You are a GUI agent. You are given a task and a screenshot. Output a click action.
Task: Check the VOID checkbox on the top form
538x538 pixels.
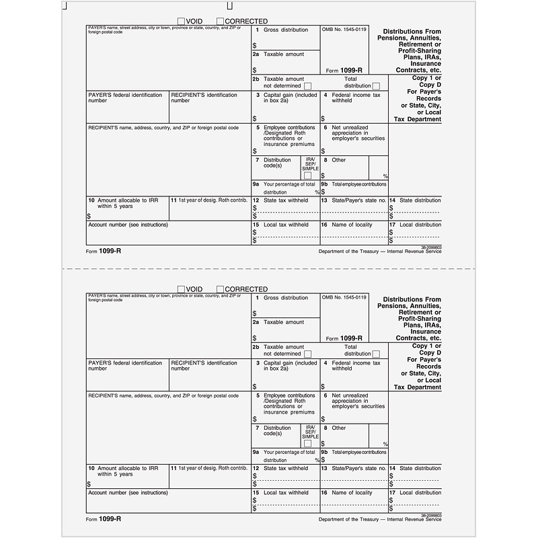click(182, 22)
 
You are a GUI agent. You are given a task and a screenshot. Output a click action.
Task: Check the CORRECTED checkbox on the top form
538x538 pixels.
click(220, 22)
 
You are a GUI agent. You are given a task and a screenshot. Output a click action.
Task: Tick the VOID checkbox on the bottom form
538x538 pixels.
click(182, 289)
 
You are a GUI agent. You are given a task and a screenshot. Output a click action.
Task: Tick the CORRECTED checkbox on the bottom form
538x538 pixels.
click(220, 289)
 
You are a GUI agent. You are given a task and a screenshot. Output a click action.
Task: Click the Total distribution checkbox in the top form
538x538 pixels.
click(376, 85)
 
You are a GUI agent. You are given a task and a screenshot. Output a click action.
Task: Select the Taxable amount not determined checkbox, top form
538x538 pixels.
click(307, 85)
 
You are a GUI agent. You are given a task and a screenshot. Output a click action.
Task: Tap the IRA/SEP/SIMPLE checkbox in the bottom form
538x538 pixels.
click(307, 443)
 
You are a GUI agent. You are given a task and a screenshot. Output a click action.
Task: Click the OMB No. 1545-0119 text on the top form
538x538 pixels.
click(344, 30)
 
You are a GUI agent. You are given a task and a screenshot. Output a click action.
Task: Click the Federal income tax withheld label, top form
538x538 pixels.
click(356, 98)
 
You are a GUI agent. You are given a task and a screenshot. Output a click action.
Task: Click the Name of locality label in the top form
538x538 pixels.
click(352, 225)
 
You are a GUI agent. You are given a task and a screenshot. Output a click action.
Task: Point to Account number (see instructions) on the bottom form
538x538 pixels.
click(128, 493)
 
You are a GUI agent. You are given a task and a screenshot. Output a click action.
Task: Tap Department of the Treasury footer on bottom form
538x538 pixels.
click(381, 519)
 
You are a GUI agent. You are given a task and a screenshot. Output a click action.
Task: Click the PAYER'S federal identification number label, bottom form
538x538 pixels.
click(125, 366)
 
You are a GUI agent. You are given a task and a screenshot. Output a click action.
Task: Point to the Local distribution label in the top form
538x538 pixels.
click(420, 225)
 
